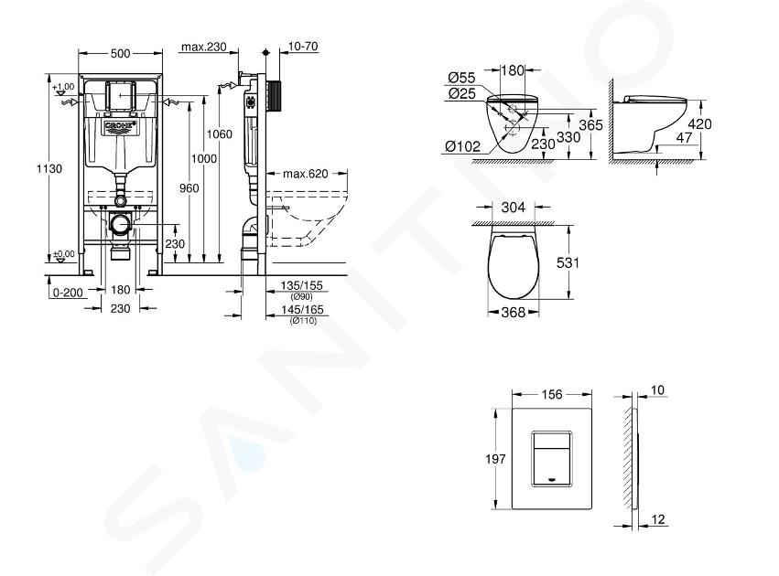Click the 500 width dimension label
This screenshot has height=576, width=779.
click(120, 54)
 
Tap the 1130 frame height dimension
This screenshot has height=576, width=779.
click(49, 168)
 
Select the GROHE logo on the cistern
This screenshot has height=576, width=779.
click(120, 126)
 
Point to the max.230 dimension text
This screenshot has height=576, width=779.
click(204, 48)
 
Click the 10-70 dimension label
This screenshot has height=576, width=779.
click(303, 47)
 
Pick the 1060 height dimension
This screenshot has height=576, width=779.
click(219, 134)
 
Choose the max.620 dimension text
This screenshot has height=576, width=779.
click(306, 174)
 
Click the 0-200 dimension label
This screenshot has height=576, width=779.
click(68, 293)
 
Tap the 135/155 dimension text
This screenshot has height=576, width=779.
click(302, 286)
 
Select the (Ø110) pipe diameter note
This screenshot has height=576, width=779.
click(303, 321)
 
